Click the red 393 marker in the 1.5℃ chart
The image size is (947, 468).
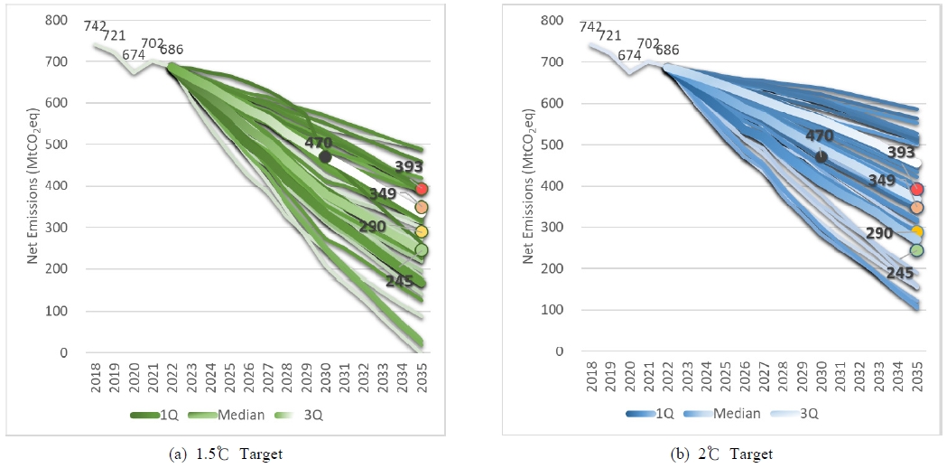click(421, 189)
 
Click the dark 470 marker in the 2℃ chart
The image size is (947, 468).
click(821, 156)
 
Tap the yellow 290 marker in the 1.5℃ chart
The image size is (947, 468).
click(421, 232)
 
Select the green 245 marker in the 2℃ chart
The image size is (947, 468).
click(916, 250)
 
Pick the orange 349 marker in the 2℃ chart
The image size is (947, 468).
click(916, 208)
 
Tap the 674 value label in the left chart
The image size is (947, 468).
click(135, 54)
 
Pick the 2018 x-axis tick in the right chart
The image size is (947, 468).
click(592, 379)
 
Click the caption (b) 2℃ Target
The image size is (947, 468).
click(724, 454)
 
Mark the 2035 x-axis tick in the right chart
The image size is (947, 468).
click(916, 379)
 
